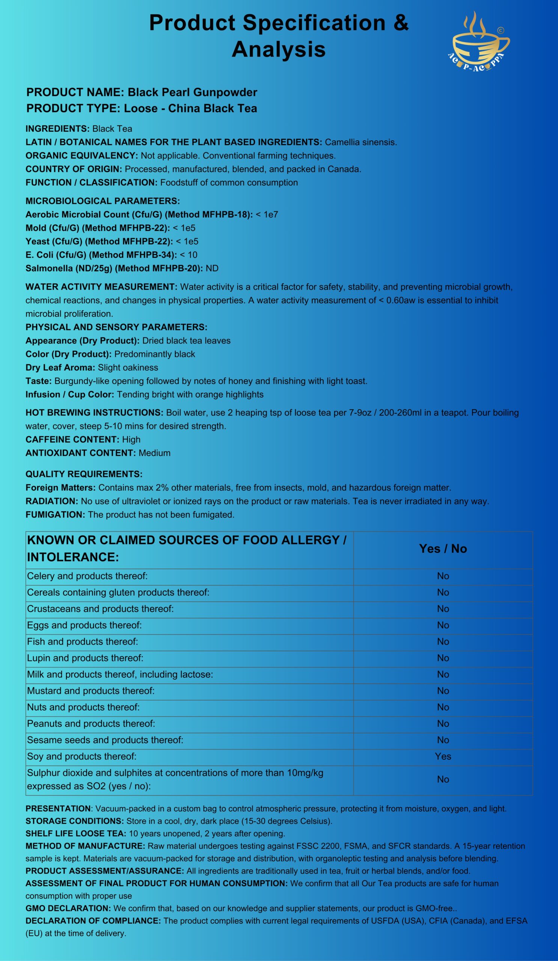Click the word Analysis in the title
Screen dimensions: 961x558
coord(278,49)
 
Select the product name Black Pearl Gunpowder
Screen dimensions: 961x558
coord(192,92)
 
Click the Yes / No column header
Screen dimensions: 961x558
coord(443,549)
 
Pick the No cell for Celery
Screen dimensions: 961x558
coord(443,576)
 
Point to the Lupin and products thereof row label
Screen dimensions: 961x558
coord(85,658)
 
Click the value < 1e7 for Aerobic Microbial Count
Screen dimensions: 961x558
coord(267,215)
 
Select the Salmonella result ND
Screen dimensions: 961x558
coord(212,268)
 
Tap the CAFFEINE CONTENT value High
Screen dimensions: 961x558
coord(131,440)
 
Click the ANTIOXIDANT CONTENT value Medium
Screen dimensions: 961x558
coord(154,453)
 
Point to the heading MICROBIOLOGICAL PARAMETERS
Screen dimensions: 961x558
coord(103,201)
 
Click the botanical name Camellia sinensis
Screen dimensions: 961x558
coord(361,142)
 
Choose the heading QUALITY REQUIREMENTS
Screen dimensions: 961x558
coord(84,474)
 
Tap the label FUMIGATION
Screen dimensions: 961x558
coord(55,515)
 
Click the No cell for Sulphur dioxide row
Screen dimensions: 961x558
coord(443,779)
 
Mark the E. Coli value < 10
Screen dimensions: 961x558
coord(189,255)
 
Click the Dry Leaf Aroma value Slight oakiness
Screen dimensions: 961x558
coord(128,368)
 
